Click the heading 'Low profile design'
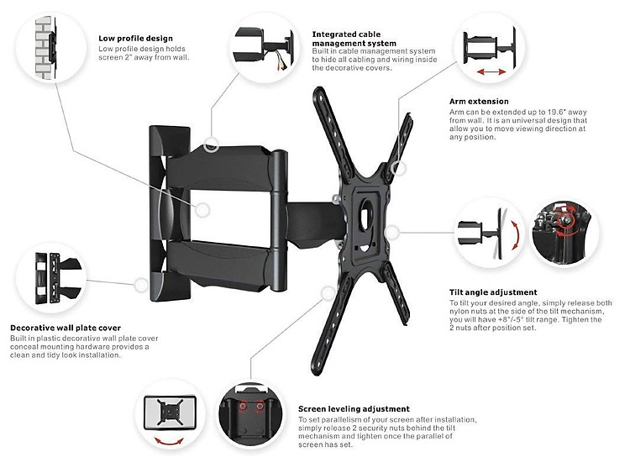click(135, 38)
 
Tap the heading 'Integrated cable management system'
click(353, 39)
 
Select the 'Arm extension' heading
click(479, 101)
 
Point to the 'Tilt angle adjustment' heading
click(493, 292)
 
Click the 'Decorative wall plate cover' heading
click(66, 328)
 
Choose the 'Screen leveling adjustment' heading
click(354, 408)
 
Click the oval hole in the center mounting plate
click(365, 213)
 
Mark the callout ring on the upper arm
click(212, 144)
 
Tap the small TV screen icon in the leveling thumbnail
click(171, 412)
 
